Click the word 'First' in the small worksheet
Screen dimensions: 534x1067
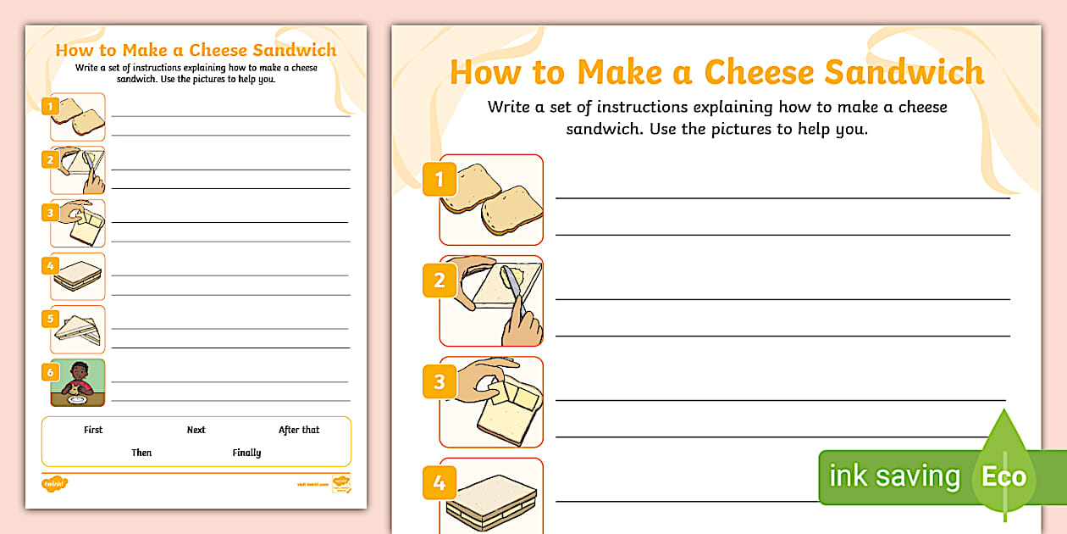(93, 430)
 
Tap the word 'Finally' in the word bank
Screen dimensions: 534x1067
(246, 453)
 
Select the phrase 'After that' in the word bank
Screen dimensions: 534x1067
(299, 430)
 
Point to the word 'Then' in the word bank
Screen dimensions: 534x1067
(141, 453)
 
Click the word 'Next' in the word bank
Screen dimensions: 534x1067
(196, 430)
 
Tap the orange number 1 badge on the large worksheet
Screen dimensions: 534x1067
(439, 179)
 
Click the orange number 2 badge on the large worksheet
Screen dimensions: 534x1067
(439, 280)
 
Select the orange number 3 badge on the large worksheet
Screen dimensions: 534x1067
(439, 381)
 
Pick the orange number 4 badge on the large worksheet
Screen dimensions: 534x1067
(439, 482)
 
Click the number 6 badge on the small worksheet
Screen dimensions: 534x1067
(50, 372)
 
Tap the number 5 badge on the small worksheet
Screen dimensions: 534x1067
(50, 319)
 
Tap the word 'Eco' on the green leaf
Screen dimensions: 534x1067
(1003, 476)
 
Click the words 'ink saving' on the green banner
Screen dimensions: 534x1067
(894, 476)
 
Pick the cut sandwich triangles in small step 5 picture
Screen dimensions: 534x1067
(78, 331)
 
